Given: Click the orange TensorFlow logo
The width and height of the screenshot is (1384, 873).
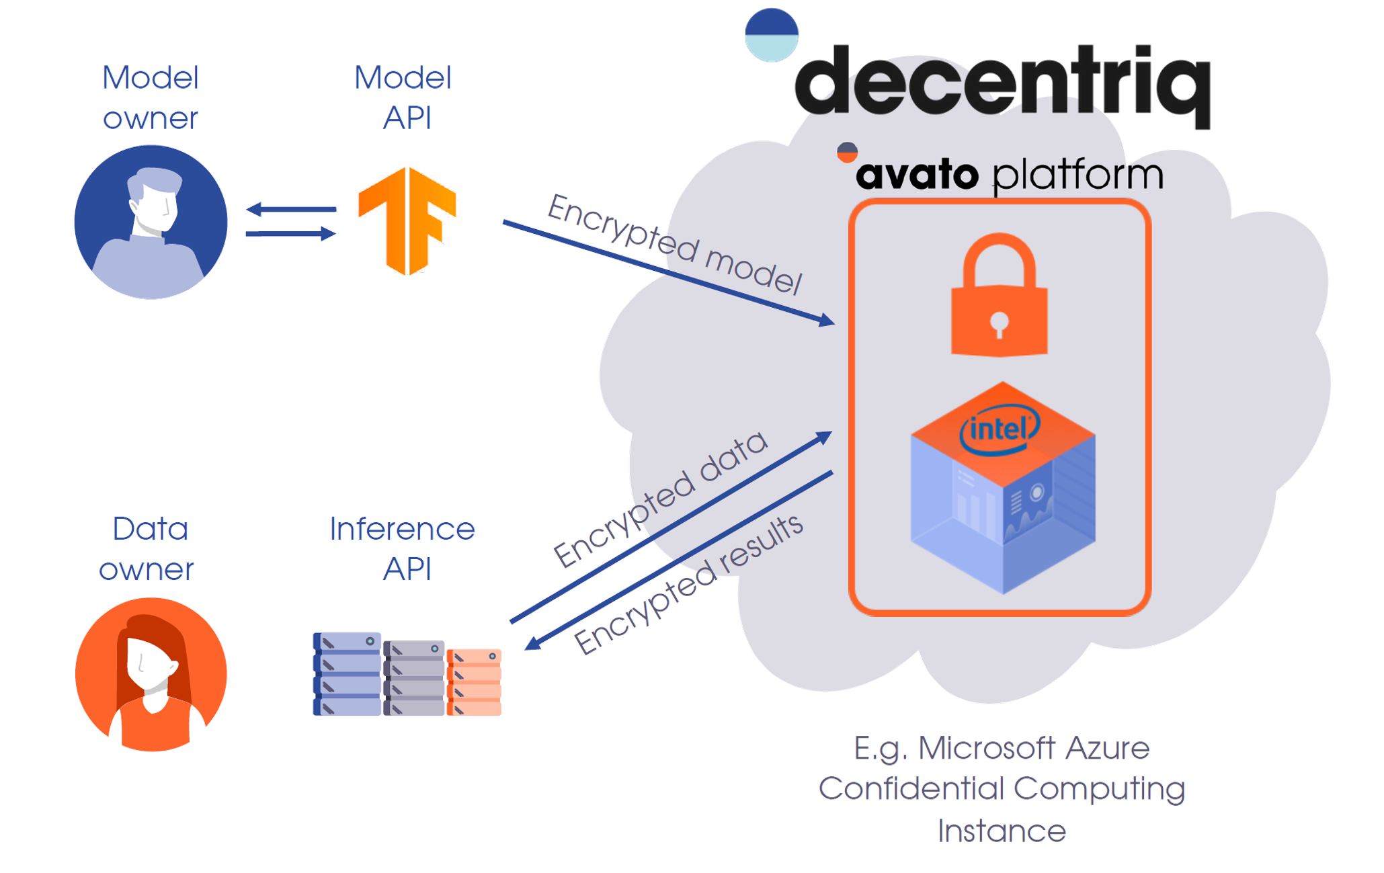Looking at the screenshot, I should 407,220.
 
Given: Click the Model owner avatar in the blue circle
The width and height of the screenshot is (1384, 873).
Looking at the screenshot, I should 151,222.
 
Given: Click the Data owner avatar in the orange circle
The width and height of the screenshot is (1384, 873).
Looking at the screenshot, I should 151,674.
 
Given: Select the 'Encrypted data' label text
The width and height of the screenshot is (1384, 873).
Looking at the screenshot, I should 660,498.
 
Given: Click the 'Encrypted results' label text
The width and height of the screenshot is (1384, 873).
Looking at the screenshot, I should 688,583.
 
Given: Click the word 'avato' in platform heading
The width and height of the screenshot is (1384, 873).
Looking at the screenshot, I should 917,175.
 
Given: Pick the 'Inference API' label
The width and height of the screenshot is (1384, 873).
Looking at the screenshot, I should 403,548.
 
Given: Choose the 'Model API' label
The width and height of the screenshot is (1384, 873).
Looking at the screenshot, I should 403,97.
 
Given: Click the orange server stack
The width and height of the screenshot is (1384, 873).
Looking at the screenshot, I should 474,681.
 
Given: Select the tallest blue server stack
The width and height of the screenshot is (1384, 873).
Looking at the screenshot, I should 347,673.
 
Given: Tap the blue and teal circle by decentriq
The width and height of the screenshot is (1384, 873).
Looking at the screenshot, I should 772,35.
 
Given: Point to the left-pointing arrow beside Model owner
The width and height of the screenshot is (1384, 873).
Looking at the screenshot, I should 291,210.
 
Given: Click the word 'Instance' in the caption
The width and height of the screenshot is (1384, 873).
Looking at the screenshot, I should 1002,831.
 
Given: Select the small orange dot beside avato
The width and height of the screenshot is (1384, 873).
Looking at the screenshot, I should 847,153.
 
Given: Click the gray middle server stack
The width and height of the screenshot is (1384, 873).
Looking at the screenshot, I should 413,677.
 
